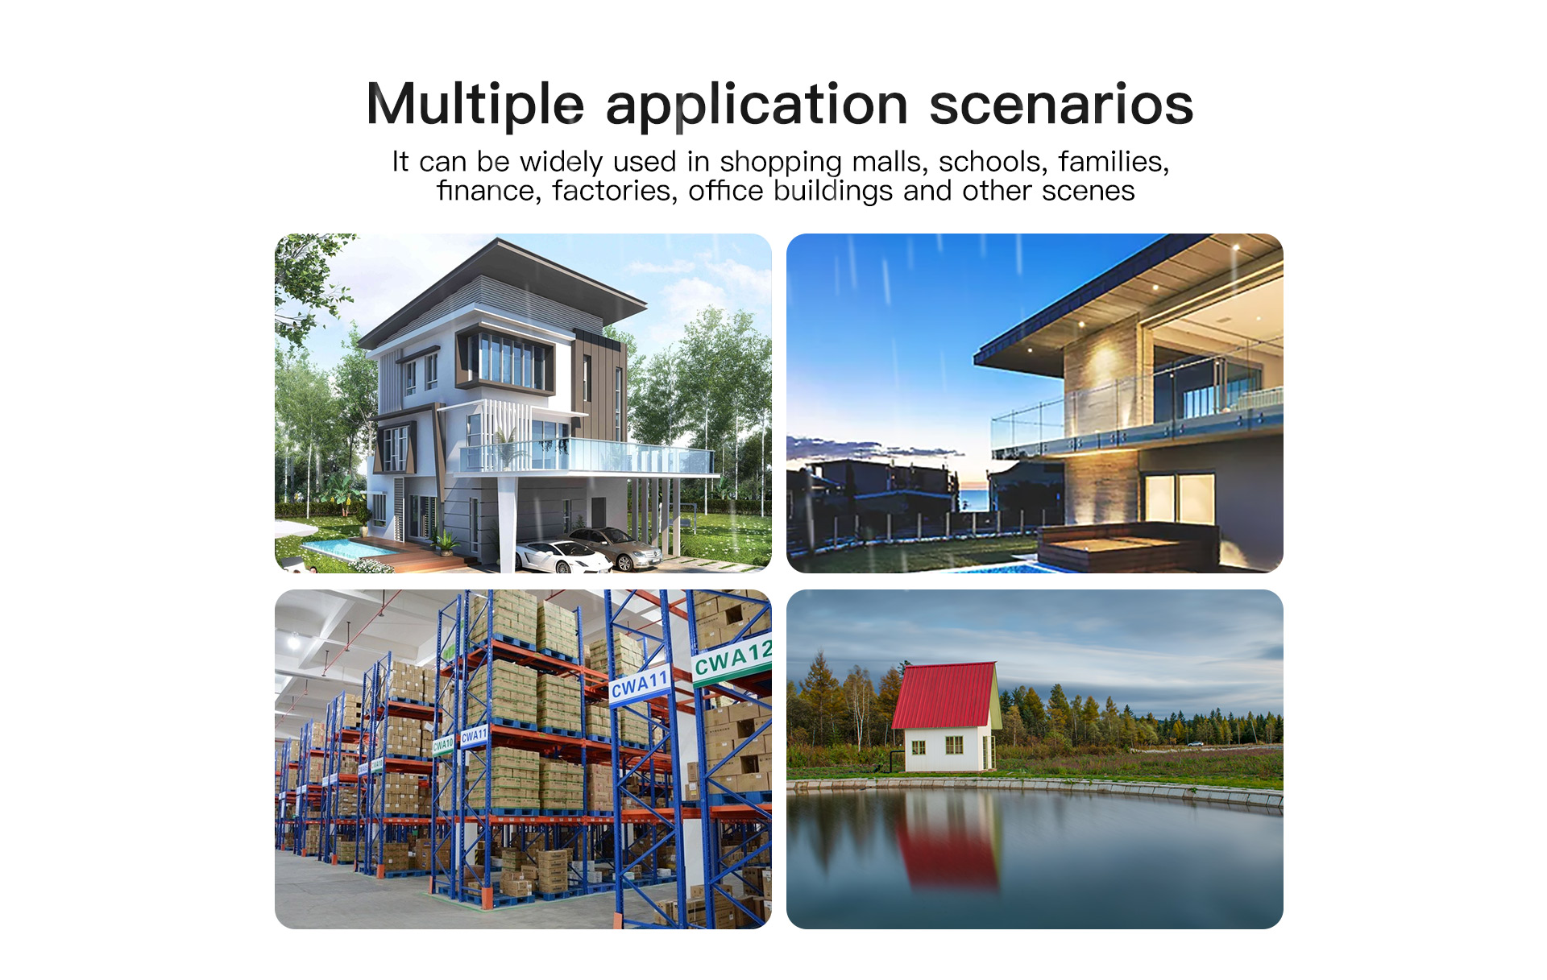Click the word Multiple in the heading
tap(475, 105)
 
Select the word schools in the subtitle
tap(993, 162)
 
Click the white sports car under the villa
tap(562, 556)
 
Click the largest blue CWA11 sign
tap(640, 685)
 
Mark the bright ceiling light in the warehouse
tap(294, 642)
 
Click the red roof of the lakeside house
tap(944, 696)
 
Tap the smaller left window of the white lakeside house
tap(918, 748)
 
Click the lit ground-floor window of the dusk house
tap(1178, 498)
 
